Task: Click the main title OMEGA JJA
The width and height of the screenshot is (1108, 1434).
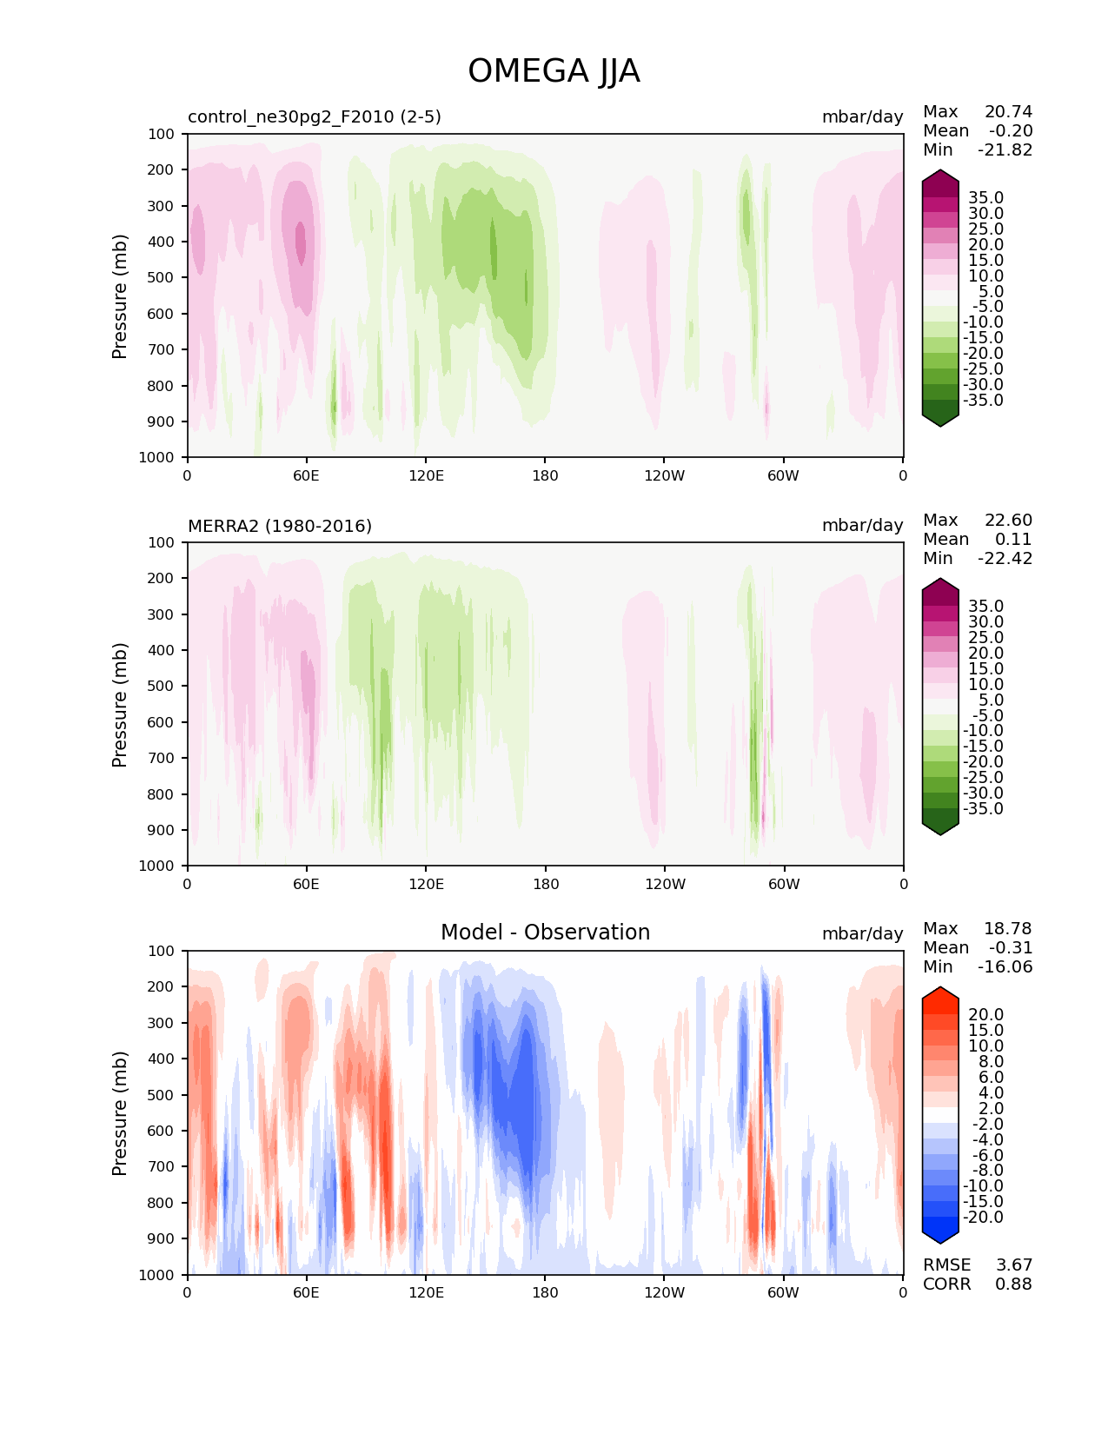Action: (x=554, y=71)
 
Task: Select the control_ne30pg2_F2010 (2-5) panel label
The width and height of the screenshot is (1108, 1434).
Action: (x=315, y=116)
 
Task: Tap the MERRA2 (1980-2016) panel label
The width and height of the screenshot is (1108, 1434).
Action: (x=280, y=526)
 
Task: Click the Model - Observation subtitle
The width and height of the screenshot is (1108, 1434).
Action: (x=545, y=933)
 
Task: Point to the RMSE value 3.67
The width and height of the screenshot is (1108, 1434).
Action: (x=1013, y=1265)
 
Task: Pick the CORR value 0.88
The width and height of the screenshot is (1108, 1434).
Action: (x=1013, y=1284)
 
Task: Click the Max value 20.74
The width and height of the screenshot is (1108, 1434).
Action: (x=1008, y=111)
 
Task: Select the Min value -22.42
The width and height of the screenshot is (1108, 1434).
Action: (x=1005, y=558)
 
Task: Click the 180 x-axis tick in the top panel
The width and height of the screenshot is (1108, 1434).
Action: (x=545, y=475)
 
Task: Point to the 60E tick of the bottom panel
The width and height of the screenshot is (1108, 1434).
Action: (x=306, y=1292)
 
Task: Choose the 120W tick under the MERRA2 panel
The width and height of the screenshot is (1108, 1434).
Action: (x=665, y=884)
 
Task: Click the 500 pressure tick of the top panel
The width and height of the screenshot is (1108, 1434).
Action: (x=163, y=277)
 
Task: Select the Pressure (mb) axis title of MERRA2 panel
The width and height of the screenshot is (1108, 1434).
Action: (x=120, y=704)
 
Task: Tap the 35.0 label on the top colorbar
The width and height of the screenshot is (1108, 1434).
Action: (x=985, y=197)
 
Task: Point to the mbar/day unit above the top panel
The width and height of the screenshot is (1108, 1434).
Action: (x=862, y=116)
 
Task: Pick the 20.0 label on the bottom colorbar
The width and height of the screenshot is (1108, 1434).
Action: (x=985, y=1014)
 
